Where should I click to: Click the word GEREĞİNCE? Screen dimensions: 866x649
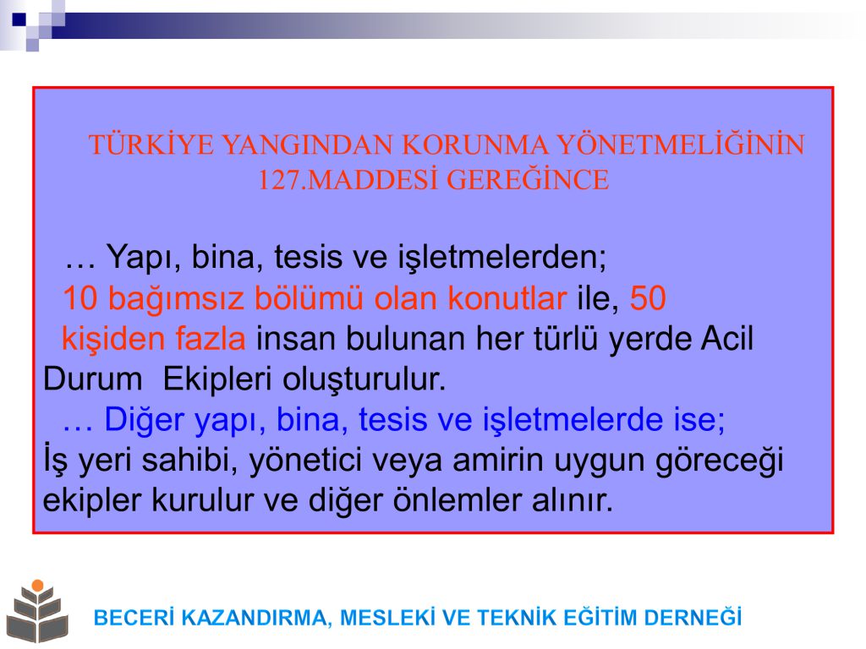click(x=528, y=179)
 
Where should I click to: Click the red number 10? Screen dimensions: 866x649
click(x=80, y=298)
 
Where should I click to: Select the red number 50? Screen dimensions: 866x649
click(x=648, y=298)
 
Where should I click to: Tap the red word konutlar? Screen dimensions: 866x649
click(x=507, y=298)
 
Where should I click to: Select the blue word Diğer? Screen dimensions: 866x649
click(x=144, y=419)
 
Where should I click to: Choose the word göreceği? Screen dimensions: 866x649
click(x=719, y=461)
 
